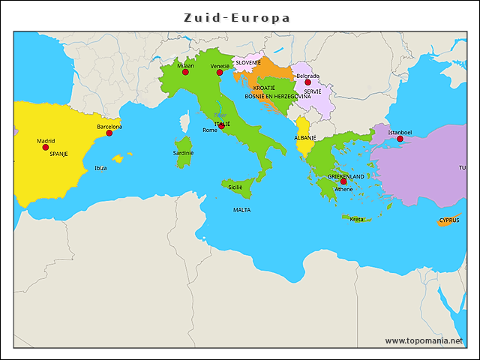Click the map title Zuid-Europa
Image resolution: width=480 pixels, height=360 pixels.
click(238, 17)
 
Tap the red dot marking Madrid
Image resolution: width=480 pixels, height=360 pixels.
click(46, 147)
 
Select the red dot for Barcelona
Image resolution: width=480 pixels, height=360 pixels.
click(109, 133)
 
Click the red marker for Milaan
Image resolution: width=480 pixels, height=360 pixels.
click(185, 72)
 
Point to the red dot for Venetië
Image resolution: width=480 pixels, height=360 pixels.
click(220, 73)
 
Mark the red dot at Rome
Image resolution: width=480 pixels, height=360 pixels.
click(221, 125)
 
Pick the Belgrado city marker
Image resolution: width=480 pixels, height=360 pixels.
click(307, 82)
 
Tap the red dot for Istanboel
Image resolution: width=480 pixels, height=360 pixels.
click(400, 139)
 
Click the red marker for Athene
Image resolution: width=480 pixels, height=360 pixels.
click(343, 181)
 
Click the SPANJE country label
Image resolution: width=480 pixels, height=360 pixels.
click(58, 153)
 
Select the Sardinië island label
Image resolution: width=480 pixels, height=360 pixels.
click(183, 152)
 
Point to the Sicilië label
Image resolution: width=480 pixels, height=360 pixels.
click(235, 187)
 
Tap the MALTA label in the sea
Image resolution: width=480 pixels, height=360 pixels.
click(241, 210)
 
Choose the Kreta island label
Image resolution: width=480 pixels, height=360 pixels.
click(356, 219)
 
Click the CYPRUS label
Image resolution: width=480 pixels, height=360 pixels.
click(449, 220)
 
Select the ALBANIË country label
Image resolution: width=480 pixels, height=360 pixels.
click(304, 138)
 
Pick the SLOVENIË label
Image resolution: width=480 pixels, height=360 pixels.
click(248, 62)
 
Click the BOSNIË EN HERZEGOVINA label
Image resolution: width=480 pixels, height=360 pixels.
click(277, 96)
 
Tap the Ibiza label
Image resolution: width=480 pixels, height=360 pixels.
click(100, 168)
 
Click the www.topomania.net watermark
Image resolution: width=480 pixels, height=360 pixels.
click(424, 340)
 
